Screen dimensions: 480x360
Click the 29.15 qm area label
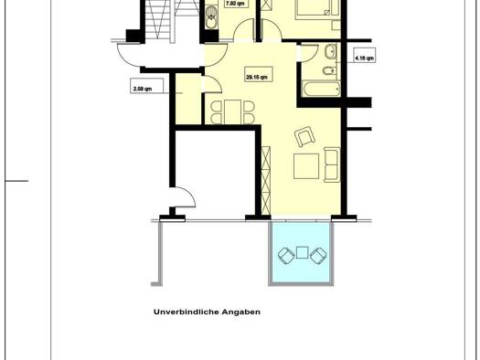pyautogui.click(x=257, y=78)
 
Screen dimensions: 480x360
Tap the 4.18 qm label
pyautogui.click(x=364, y=58)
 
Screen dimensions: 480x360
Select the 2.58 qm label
pyautogui.click(x=143, y=90)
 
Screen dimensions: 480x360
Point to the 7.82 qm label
pyautogui.click(x=235, y=4)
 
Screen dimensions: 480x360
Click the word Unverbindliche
pyautogui.click(x=187, y=312)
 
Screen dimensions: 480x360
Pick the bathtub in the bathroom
pyautogui.click(x=321, y=89)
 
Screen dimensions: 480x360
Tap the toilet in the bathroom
pyautogui.click(x=330, y=71)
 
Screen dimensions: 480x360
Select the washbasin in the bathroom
pyautogui.click(x=331, y=51)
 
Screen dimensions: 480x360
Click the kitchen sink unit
pyautogui.click(x=211, y=17)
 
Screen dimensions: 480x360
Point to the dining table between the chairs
pyautogui.click(x=232, y=112)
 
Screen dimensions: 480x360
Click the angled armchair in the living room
pyautogui.click(x=304, y=136)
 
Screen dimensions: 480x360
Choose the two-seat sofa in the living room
pyautogui.click(x=332, y=164)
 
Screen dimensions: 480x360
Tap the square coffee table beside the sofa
pyautogui.click(x=306, y=166)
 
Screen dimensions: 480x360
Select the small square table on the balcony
pyautogui.click(x=302, y=252)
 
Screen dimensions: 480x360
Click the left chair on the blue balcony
pyautogui.click(x=286, y=255)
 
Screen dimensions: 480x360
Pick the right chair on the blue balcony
pyautogui.click(x=318, y=255)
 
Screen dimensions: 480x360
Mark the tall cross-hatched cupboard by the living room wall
pyautogui.click(x=266, y=181)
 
